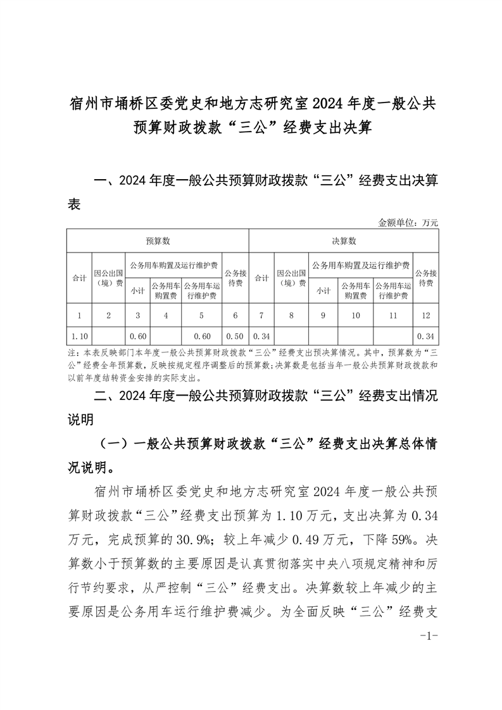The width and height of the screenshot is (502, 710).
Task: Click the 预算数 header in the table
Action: [158, 241]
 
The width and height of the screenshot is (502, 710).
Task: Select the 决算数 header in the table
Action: [344, 241]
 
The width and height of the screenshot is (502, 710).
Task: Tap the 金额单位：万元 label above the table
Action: [408, 223]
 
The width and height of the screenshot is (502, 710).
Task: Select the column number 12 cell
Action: [425, 315]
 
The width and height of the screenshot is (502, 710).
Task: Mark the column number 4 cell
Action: [165, 315]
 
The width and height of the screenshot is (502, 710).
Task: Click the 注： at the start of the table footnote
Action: [71, 352]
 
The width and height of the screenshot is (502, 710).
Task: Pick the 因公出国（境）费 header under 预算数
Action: [109, 278]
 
